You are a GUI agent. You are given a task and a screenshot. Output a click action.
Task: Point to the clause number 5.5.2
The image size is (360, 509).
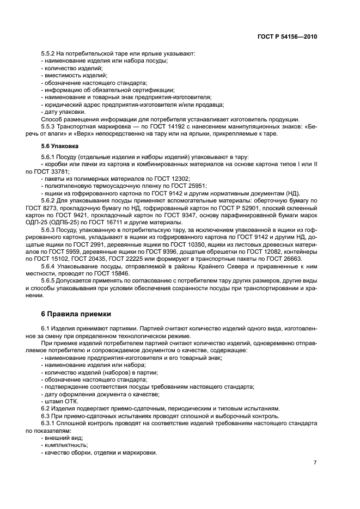click(49, 53)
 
